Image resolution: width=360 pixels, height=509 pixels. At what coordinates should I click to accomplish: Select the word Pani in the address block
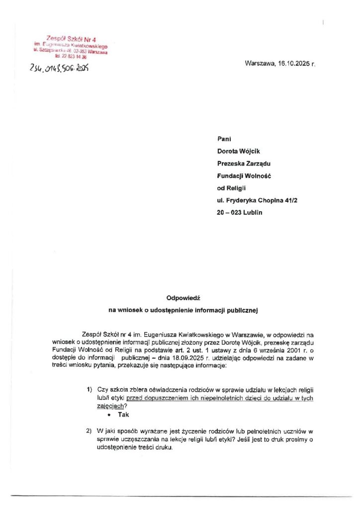(224, 139)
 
